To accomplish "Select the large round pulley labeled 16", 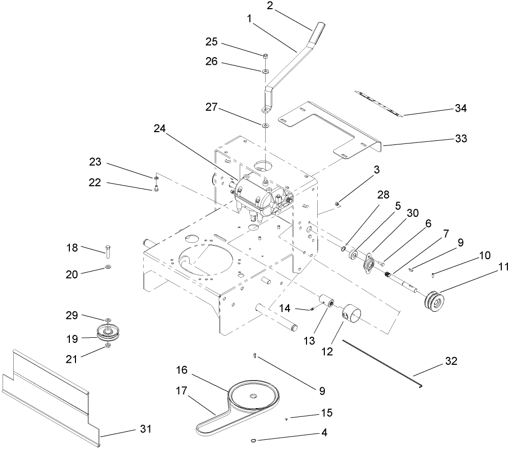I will [x=253, y=397].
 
